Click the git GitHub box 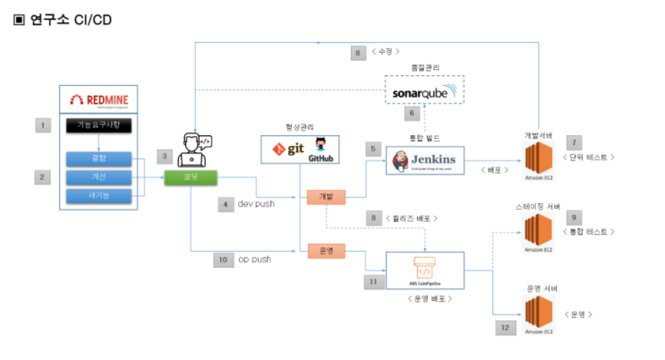(x=300, y=148)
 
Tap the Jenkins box (x=424, y=160)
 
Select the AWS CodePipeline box (x=424, y=270)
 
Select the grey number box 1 (x=42, y=125)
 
